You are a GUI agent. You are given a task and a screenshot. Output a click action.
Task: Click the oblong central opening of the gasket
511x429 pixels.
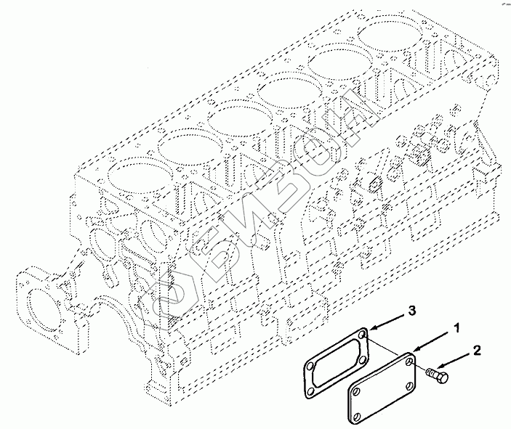pyautogui.click(x=337, y=360)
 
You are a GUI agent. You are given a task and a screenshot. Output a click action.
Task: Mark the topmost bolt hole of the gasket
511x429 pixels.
pyautogui.click(x=363, y=335)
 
